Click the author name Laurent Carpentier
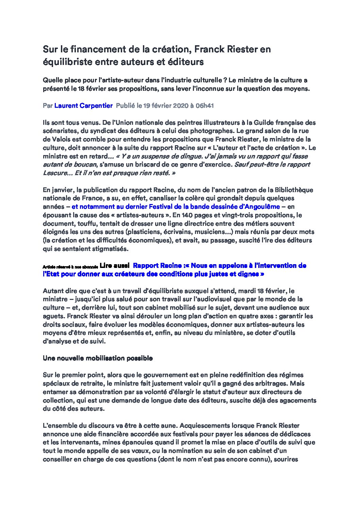(x=83, y=106)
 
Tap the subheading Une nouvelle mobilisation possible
(x=98, y=358)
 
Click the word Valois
(x=62, y=139)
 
